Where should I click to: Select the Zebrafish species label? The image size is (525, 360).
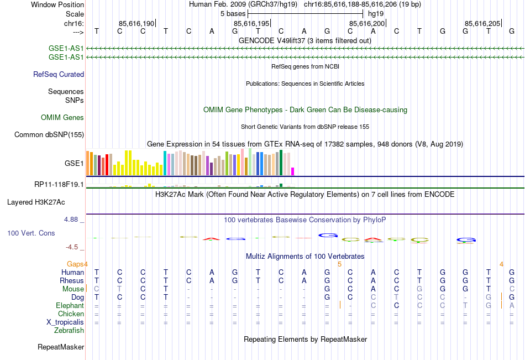pos(69,331)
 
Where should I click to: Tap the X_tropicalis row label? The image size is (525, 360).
pos(65,322)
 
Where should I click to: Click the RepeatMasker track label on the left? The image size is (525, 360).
pos(61,347)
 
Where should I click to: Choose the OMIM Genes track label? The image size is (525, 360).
pos(62,117)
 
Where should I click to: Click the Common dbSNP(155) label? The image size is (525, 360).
pos(49,134)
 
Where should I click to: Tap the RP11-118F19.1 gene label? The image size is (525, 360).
pos(59,184)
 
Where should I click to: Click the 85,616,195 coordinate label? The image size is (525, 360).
pos(251,23)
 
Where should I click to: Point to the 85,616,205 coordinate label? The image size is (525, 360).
pos(482,23)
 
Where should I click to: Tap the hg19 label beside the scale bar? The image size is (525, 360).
pos(376,13)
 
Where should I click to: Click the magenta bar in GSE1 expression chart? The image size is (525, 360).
pos(293,171)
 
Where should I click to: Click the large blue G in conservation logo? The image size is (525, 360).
pos(328,236)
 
